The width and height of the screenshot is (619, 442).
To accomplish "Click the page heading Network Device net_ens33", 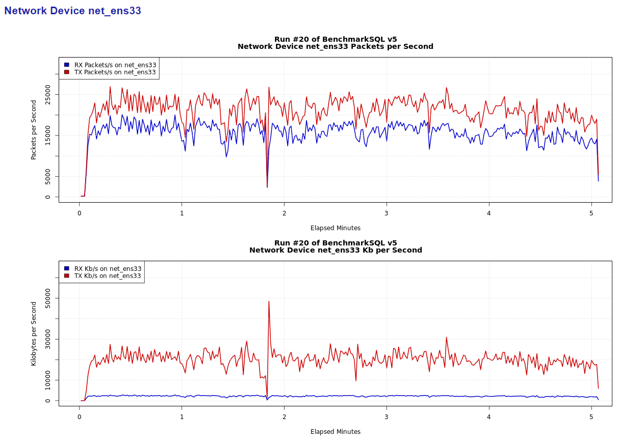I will point(72,11).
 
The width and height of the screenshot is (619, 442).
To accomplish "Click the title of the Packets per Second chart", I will point(335,43).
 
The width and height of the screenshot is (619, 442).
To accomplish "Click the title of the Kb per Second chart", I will point(335,246).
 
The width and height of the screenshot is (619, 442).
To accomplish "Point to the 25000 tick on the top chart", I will point(48,94).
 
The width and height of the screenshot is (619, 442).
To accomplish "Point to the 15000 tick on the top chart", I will point(48,135).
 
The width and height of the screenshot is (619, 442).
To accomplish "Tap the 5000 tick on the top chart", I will point(48,177).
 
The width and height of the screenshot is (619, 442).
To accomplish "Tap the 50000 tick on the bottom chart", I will point(48,298).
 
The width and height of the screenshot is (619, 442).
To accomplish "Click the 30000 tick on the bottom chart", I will point(48,339).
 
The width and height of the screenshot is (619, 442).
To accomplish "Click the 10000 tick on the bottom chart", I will point(48,380).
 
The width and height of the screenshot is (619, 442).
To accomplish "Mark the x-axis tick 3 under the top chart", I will point(386,213).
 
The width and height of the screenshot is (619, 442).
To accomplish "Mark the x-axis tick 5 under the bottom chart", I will point(591,417).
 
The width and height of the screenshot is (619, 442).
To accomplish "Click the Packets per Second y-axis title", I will point(34,130).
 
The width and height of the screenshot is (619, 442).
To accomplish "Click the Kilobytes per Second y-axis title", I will point(34,334).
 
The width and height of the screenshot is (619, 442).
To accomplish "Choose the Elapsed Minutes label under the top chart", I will point(335,228).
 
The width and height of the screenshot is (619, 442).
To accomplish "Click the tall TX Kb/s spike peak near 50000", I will point(269,301).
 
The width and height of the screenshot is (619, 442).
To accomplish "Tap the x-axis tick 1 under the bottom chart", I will point(182,417).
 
